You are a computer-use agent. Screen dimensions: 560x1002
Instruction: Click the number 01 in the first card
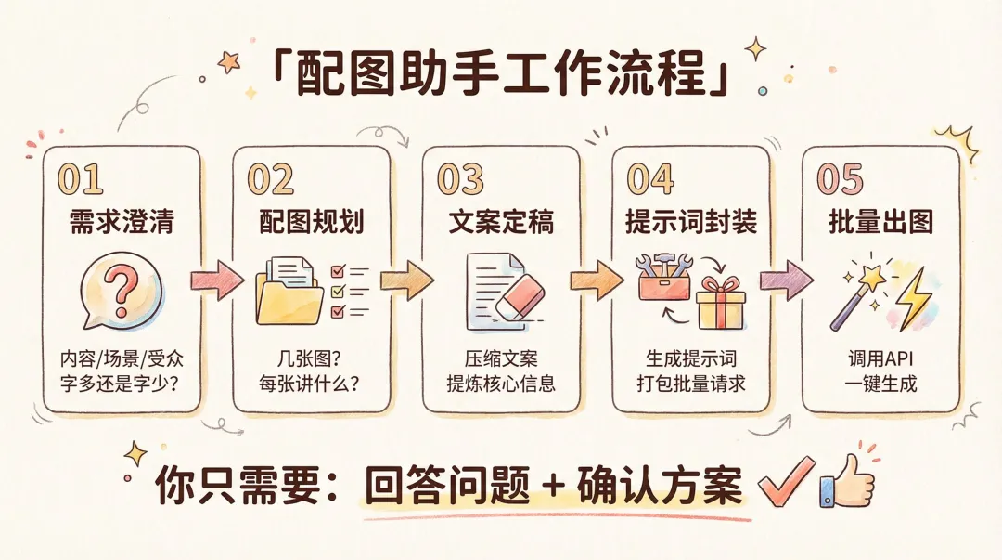pos(80,178)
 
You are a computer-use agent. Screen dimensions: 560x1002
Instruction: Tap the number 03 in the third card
pos(461,178)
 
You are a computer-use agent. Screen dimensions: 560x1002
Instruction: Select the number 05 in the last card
pos(841,178)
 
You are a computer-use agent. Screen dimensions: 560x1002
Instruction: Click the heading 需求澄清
pos(122,223)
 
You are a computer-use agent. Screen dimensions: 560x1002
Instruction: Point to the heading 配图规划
pos(311,223)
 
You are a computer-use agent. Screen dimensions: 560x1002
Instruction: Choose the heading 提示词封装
pos(691,223)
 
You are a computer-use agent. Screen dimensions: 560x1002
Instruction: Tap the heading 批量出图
pos(880,223)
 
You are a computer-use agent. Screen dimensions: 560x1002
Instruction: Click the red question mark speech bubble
pos(121,288)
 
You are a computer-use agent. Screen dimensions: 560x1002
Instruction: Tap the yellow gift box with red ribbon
pos(722,301)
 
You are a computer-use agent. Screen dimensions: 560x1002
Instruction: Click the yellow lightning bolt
pos(915,297)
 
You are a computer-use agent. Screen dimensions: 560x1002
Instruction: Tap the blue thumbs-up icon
pos(845,480)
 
